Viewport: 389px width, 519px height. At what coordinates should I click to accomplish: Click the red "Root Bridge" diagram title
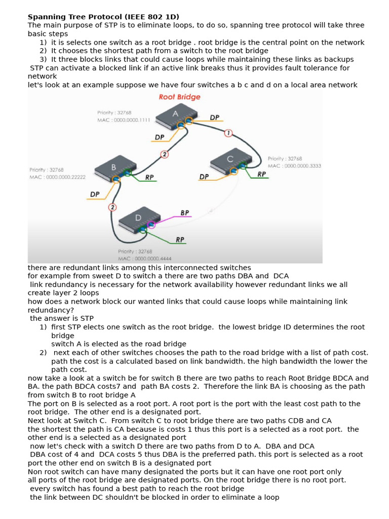tap(180, 97)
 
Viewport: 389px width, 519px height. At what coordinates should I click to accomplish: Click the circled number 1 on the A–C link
tap(228, 133)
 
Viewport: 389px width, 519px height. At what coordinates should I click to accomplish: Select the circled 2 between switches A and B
tap(164, 154)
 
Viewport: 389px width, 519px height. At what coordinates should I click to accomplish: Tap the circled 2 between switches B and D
tap(112, 207)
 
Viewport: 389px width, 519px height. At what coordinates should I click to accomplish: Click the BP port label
tap(185, 213)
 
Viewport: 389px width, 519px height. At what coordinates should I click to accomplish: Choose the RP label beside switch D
tap(180, 239)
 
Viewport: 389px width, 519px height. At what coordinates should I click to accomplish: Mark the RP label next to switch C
tap(262, 174)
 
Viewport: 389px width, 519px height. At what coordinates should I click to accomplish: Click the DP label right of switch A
tap(215, 117)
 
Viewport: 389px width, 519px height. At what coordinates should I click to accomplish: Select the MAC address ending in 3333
tap(294, 166)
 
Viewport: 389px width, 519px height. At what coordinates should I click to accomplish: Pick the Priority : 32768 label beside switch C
tap(285, 159)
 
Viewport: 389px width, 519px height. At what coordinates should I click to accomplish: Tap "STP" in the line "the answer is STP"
tap(86, 318)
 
